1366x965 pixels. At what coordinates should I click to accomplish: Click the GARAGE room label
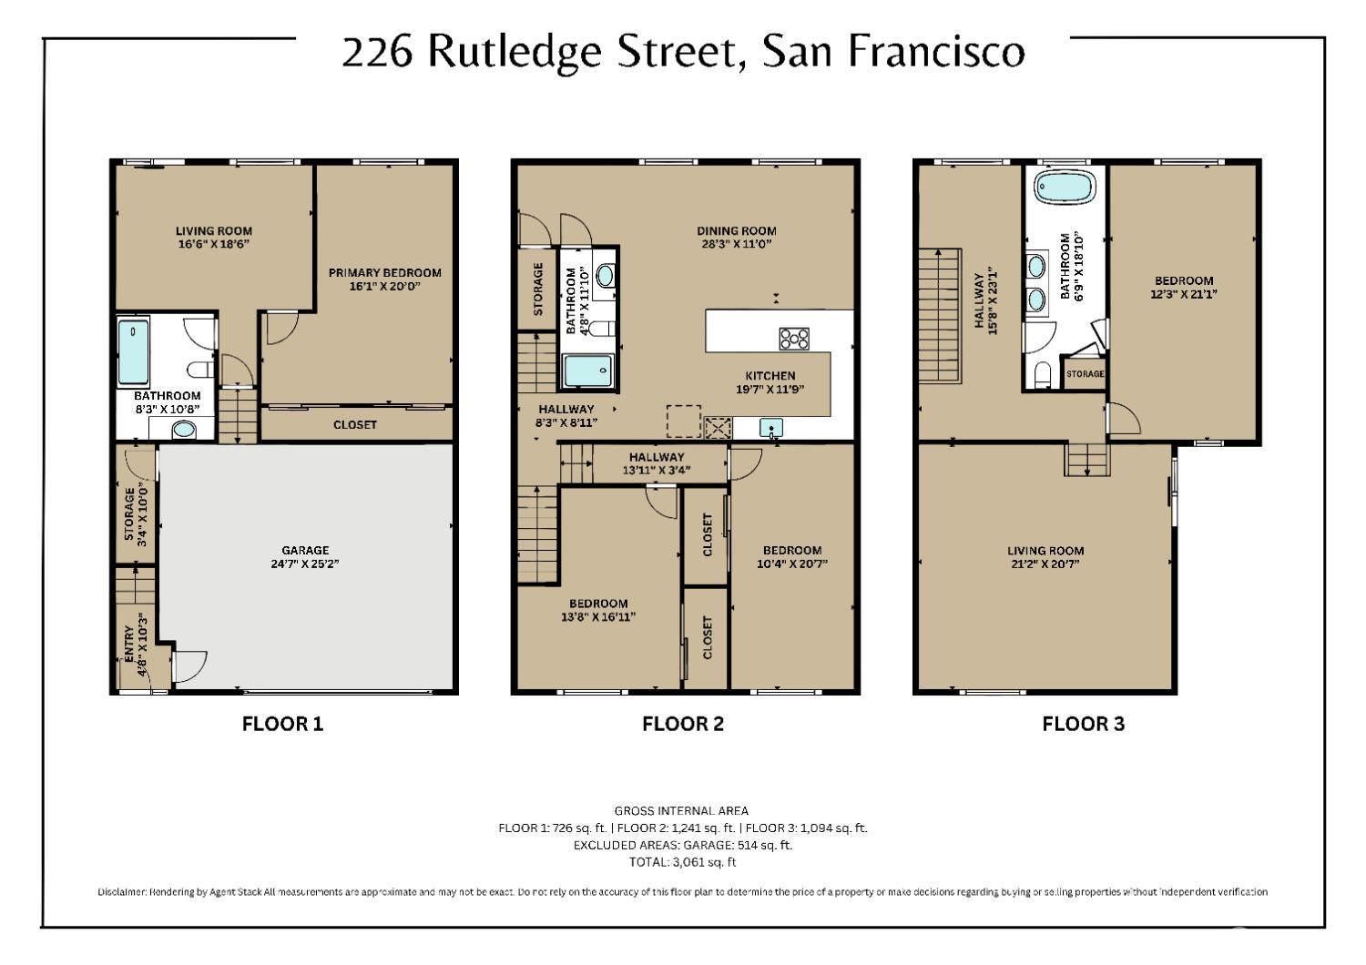[305, 550]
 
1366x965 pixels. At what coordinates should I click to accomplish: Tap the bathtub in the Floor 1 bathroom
[134, 353]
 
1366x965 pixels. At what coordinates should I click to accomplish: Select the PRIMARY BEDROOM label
[384, 272]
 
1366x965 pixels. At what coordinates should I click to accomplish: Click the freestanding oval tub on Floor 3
[1064, 188]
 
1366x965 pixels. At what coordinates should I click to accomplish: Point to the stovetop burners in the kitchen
[794, 338]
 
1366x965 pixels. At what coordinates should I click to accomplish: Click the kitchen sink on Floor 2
[771, 427]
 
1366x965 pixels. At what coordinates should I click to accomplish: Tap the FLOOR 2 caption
[682, 724]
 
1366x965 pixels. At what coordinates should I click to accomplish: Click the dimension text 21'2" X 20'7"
[1045, 564]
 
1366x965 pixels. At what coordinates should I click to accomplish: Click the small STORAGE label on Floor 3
[1085, 374]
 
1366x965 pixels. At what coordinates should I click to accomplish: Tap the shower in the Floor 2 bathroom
[587, 372]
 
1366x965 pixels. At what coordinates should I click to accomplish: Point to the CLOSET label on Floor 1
[354, 424]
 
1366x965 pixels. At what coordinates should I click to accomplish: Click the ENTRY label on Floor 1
[129, 645]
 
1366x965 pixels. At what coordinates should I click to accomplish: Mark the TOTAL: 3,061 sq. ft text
[682, 861]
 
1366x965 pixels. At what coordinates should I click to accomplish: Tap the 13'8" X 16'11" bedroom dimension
[598, 616]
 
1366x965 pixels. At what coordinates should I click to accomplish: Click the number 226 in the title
[377, 52]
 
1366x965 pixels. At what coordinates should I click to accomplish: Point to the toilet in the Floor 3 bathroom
[1043, 373]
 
